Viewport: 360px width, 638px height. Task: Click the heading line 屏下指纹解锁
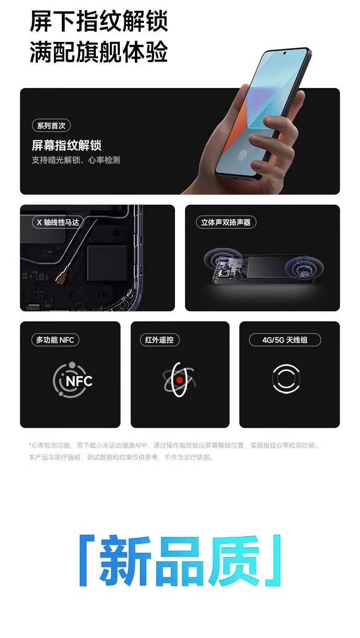[99, 21]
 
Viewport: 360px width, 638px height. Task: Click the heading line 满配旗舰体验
[99, 52]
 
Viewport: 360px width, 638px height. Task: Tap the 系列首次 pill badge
[51, 126]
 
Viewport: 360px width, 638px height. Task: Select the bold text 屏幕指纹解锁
[67, 146]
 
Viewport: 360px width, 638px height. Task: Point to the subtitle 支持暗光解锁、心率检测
[76, 160]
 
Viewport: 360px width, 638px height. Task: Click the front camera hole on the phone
[285, 53]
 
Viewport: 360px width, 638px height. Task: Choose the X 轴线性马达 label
[58, 222]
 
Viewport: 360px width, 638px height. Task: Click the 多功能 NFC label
[55, 340]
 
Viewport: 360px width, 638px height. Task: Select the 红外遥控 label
[159, 340]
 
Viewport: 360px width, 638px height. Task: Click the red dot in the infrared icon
[180, 380]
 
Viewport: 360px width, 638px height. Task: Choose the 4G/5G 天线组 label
[285, 340]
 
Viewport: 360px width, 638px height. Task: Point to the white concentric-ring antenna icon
[286, 379]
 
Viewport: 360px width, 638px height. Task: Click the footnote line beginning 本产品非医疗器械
[121, 457]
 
